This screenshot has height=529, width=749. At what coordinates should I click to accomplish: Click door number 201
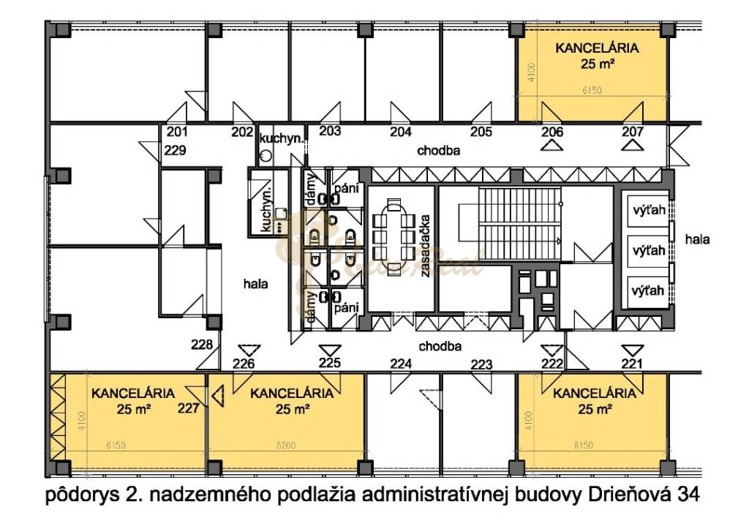(x=177, y=132)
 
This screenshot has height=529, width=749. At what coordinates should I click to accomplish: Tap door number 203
(x=331, y=132)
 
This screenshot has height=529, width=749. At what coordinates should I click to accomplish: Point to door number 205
(x=481, y=132)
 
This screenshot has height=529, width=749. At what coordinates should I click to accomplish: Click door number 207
(x=633, y=132)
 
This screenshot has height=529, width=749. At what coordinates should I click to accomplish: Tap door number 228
(x=201, y=345)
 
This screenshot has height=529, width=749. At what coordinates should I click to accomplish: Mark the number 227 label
(x=188, y=409)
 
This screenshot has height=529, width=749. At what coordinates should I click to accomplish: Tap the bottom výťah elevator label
(x=648, y=290)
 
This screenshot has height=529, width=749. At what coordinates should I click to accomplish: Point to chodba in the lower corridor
(x=440, y=346)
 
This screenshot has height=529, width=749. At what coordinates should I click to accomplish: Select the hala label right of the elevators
(x=697, y=239)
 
